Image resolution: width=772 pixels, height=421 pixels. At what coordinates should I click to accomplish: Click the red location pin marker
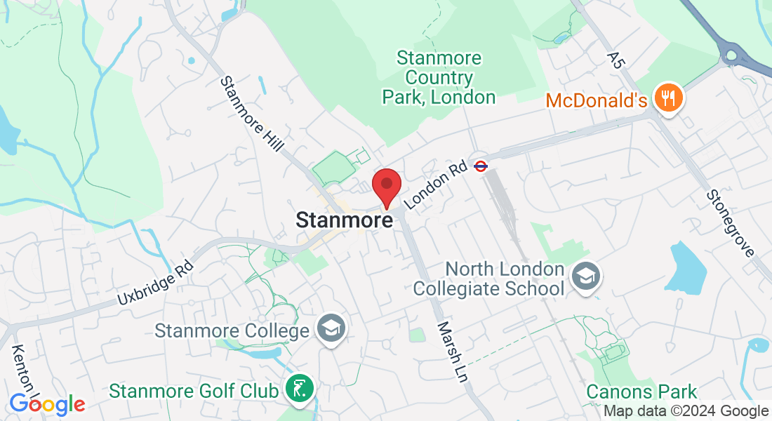point(386,186)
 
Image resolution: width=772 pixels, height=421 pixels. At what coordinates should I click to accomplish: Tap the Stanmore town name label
point(344,220)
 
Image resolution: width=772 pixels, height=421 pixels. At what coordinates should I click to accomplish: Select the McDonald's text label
point(596,100)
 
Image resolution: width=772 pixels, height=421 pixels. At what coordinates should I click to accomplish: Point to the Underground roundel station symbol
point(481,166)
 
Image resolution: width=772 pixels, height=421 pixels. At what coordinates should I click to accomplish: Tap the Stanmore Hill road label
point(251,114)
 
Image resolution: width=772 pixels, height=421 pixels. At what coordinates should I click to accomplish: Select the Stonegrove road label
point(730,222)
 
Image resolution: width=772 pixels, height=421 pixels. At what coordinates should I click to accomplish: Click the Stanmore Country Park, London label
point(439,77)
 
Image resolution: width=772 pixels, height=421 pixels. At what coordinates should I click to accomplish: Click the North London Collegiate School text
point(488,279)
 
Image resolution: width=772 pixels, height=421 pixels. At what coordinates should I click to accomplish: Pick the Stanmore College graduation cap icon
point(328,328)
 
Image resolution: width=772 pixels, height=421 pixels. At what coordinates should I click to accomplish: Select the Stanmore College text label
point(232,330)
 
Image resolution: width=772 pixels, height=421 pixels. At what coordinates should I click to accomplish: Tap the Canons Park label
point(642,392)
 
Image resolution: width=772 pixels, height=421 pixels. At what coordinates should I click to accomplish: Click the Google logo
point(48,404)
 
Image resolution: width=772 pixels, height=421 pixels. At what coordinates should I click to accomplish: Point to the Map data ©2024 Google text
point(686,411)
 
